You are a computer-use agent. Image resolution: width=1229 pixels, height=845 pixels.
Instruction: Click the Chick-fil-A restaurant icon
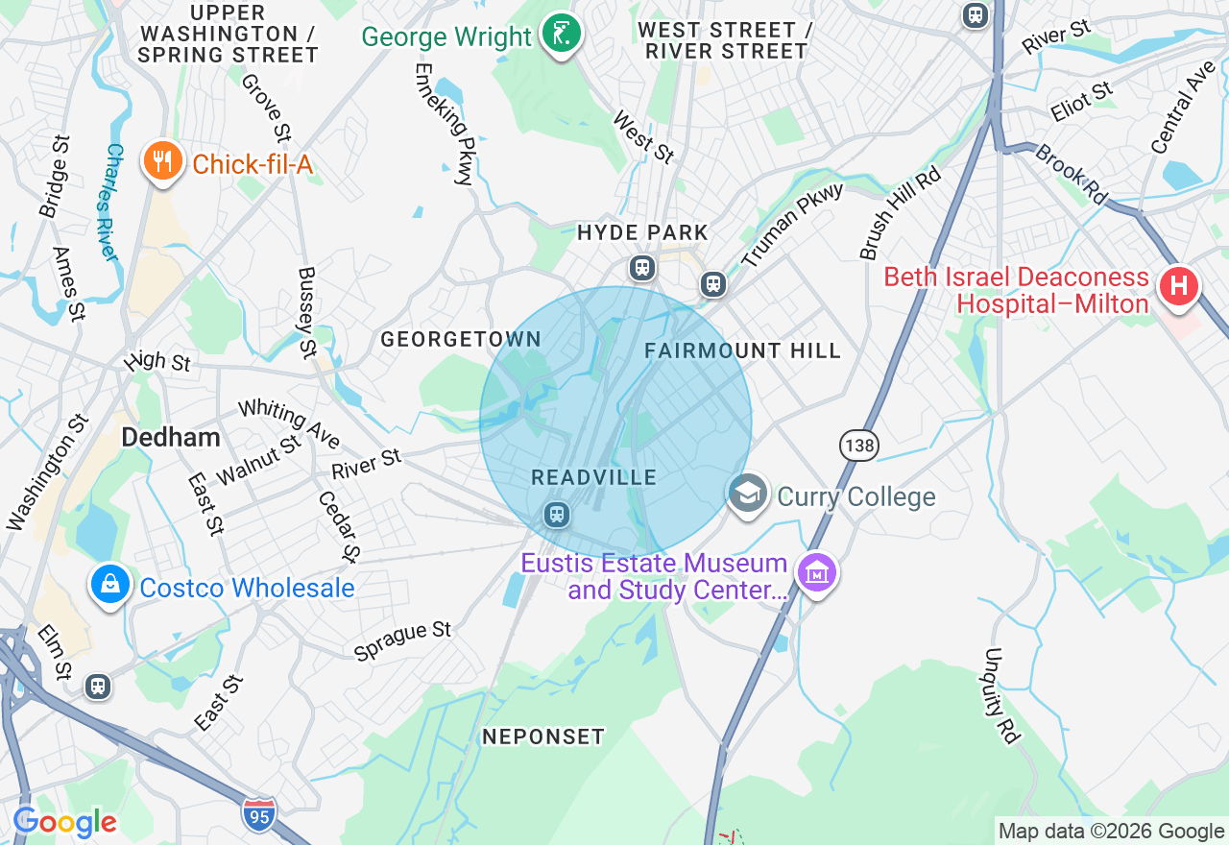click(163, 160)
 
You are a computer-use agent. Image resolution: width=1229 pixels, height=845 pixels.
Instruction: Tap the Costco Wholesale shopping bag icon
click(110, 583)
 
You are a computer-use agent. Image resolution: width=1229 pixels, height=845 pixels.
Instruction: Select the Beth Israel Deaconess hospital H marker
click(1178, 286)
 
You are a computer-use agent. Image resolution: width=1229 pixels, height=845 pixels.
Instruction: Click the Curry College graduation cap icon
click(748, 494)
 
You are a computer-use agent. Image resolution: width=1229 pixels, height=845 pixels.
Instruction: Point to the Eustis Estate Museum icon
click(817, 573)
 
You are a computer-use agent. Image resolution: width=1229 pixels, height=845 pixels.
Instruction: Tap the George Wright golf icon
click(561, 35)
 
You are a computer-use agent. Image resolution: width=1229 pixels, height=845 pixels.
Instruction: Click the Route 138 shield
click(858, 445)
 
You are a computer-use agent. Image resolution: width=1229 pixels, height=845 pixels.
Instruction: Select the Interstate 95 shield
click(259, 813)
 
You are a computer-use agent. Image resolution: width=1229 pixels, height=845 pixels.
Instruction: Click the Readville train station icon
click(556, 515)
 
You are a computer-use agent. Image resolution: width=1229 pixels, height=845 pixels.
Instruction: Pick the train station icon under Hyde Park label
click(642, 268)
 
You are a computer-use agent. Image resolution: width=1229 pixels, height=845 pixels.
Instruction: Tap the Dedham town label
click(171, 438)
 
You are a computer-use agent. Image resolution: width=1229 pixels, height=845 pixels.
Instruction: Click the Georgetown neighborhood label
click(461, 339)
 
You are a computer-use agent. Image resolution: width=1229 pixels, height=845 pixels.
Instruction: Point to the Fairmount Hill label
click(742, 350)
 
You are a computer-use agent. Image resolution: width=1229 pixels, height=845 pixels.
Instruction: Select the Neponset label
click(543, 736)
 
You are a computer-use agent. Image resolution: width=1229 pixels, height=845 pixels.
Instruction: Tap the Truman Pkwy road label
click(792, 224)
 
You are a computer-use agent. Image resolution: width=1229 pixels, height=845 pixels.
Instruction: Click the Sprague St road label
click(402, 641)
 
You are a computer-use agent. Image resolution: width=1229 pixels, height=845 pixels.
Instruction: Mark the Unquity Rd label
click(1000, 695)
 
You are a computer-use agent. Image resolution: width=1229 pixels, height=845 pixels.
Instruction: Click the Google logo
click(64, 823)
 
